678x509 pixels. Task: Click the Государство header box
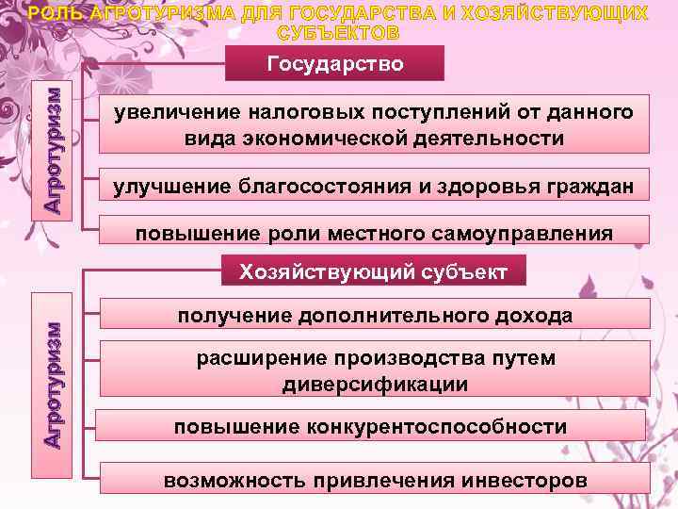coord(335,63)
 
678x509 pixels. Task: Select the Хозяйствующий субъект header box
coord(373,272)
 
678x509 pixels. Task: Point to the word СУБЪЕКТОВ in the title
coord(339,33)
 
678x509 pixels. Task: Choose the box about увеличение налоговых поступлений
coord(373,125)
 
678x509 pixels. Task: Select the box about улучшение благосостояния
coord(373,186)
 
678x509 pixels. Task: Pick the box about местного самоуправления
coord(373,232)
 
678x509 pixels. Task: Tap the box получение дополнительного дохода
coord(373,314)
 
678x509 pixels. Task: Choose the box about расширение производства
coord(373,371)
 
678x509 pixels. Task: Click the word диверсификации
coord(375,385)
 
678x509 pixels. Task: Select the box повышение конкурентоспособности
coord(373,427)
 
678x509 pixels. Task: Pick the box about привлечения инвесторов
coord(373,480)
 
